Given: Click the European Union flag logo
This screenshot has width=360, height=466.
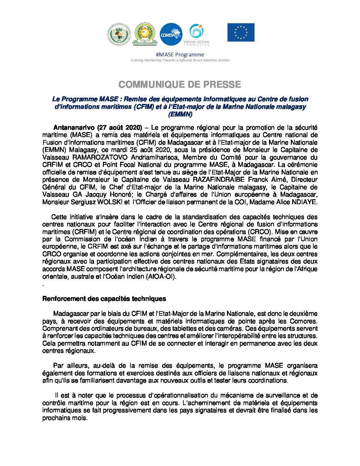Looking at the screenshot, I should coord(241,32).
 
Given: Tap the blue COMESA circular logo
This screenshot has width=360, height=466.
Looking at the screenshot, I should coord(171,34).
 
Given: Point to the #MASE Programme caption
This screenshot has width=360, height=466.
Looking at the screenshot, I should coord(180,55).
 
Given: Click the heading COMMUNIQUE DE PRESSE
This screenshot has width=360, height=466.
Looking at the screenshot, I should coord(180,85).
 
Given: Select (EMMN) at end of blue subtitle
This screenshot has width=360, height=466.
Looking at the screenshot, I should coord(180,115).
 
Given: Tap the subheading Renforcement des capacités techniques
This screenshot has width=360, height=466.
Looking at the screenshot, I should coord(104,299).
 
